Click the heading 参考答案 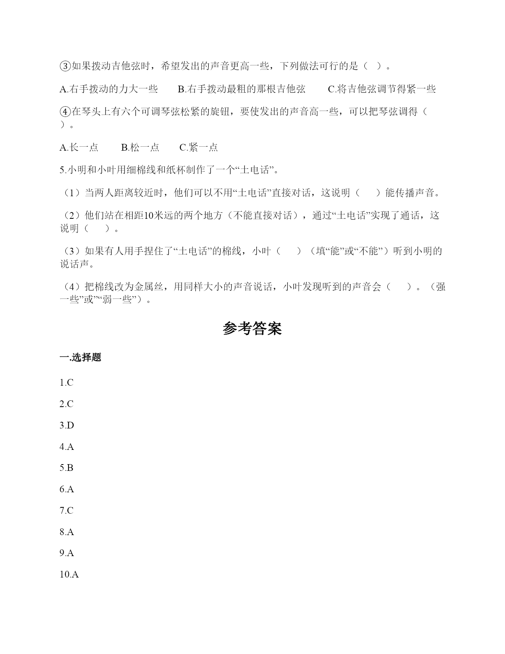(252, 329)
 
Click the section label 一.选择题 (80, 357)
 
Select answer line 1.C (67, 382)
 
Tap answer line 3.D (67, 425)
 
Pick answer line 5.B (67, 468)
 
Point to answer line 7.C (67, 511)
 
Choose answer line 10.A (69, 574)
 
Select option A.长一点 (79, 147)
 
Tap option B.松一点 (140, 147)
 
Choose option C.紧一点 (198, 147)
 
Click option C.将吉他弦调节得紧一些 (382, 89)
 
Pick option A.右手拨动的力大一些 (109, 89)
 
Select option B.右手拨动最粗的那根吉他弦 (242, 89)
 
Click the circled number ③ (65, 66)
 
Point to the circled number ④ (65, 112)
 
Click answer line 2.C (67, 404)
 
